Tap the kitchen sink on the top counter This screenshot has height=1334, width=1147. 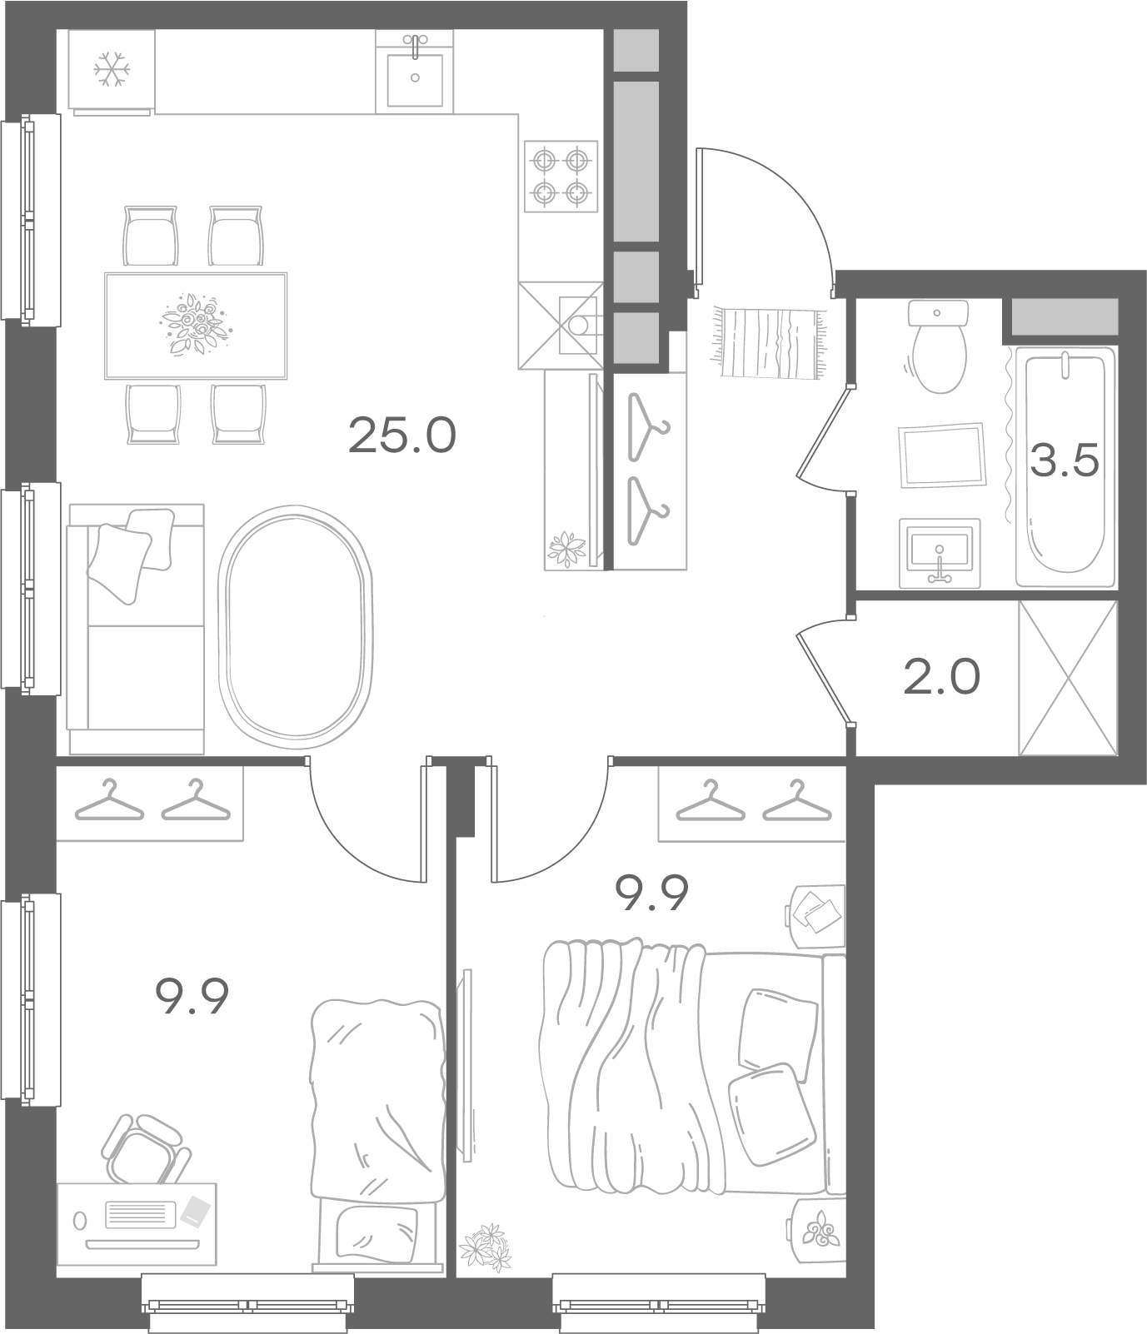(415, 70)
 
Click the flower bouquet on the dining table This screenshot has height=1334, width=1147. (191, 324)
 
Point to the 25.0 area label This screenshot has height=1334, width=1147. (402, 436)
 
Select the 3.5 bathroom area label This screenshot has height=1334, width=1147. (1065, 461)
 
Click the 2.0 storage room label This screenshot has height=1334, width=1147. (941, 678)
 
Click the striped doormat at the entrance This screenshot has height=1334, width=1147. (770, 342)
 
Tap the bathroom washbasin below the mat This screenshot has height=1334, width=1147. (940, 551)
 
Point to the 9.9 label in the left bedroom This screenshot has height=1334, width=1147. (192, 997)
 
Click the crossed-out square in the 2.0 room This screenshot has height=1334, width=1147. (1068, 678)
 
